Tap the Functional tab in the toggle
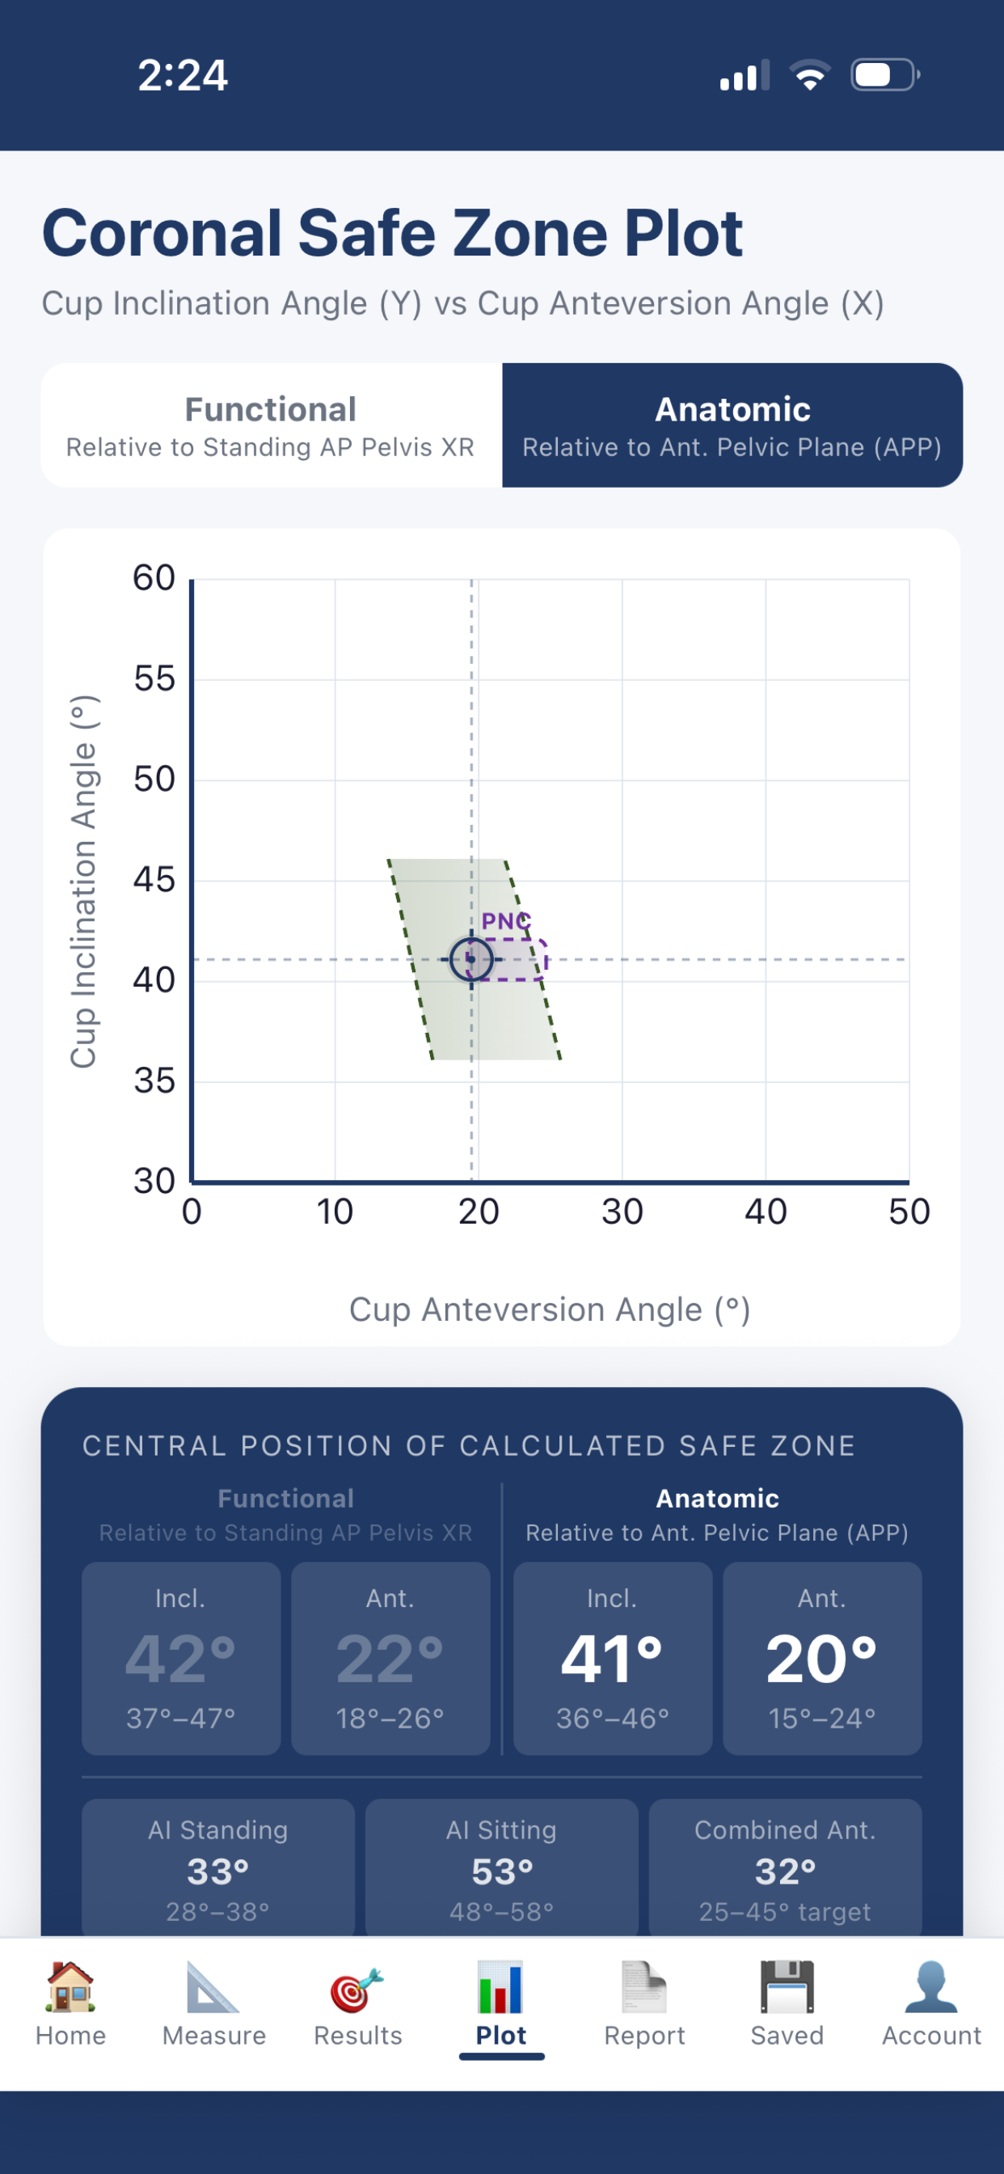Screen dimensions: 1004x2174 click(x=271, y=425)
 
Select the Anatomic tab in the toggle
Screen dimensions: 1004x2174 click(x=732, y=425)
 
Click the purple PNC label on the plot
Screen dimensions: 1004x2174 click(x=506, y=920)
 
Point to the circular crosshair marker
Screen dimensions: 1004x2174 click(x=470, y=959)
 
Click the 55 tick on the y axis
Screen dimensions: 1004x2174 click(x=154, y=679)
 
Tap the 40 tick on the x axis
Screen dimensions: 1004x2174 click(x=766, y=1212)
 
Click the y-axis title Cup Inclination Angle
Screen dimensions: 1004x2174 click(x=83, y=881)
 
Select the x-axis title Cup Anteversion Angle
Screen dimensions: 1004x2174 click(x=550, y=1309)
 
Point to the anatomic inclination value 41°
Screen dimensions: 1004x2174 click(x=613, y=1659)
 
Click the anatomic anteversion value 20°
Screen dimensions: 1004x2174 click(x=822, y=1659)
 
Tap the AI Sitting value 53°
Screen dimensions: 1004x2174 click(x=502, y=1872)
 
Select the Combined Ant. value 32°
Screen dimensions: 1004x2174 click(x=786, y=1872)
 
